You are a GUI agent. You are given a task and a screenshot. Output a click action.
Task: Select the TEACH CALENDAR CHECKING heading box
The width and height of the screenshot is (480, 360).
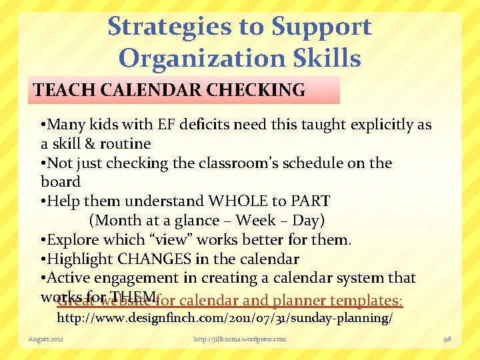pos(184,90)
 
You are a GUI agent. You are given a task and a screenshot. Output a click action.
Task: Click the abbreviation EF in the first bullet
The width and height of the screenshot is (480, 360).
pos(165,125)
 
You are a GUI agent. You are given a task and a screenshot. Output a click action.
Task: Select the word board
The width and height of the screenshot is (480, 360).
pos(60,182)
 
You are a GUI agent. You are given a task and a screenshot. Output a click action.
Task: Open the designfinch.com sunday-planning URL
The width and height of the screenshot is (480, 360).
pos(224,318)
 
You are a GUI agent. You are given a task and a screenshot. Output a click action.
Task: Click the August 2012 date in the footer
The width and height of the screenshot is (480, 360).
pos(45,339)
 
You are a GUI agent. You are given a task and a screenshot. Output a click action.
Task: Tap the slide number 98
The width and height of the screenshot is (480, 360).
pos(447,339)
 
